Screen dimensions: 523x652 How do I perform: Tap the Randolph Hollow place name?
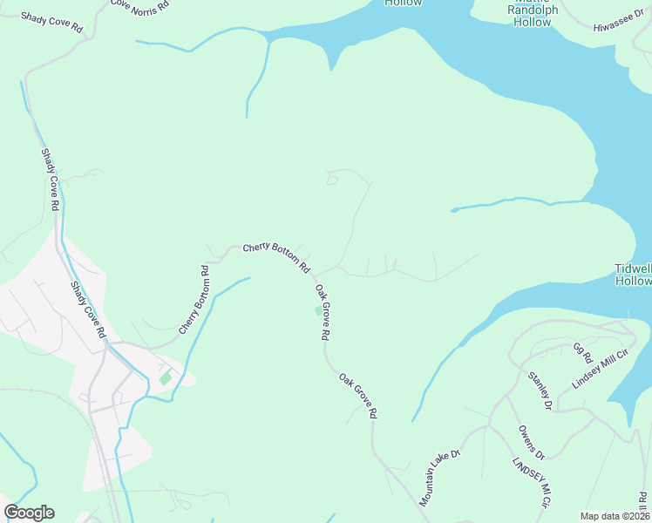pos(532,16)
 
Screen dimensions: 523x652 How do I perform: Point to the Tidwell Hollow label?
pos(634,275)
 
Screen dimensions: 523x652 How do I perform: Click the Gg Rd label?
pos(582,353)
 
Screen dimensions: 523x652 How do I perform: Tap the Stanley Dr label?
pos(540,391)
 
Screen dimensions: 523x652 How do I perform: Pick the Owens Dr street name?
pos(531,442)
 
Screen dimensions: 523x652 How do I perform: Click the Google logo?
pos(29,513)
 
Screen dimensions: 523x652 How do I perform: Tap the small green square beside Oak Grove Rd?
pos(317,310)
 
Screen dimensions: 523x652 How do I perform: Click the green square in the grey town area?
pos(165,378)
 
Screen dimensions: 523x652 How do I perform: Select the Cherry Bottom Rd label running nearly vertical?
pos(194,300)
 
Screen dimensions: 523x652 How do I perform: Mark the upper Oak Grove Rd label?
pos(322,312)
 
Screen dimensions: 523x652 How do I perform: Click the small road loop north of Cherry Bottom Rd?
pos(331,180)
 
